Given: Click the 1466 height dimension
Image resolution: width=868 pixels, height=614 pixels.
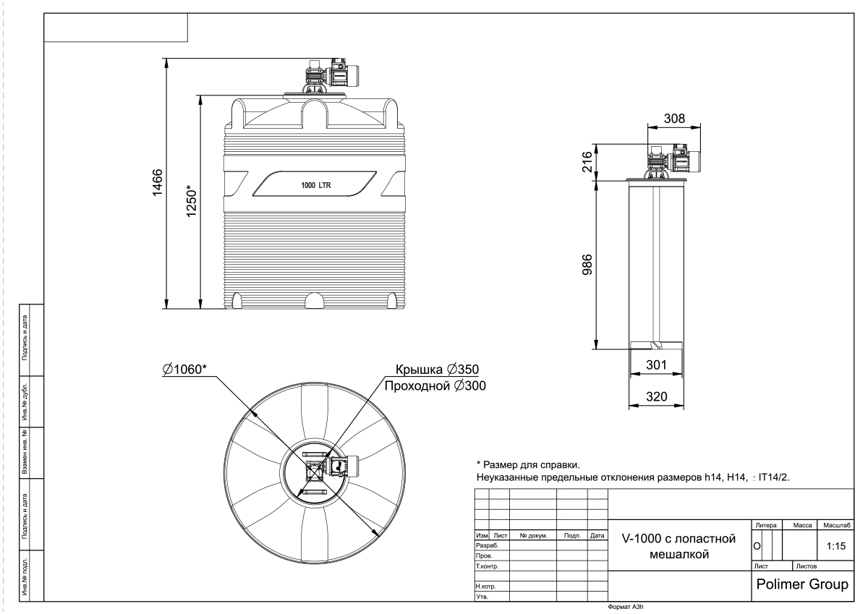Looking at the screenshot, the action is [158, 182].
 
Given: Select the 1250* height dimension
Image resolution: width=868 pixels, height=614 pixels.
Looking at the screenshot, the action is [192, 201].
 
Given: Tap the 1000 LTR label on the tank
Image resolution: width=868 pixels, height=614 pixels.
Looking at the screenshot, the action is [316, 186].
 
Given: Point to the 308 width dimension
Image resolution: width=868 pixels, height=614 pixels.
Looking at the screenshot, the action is [674, 119].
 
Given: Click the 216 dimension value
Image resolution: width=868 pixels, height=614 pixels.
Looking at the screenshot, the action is [588, 162].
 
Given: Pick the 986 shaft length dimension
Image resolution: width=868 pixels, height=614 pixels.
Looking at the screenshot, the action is [587, 265].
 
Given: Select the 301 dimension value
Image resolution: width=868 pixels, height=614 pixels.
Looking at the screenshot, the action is [657, 365].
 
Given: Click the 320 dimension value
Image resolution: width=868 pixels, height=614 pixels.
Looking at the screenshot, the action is [657, 397].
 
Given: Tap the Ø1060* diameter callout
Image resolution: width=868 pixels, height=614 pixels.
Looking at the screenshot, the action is [185, 369].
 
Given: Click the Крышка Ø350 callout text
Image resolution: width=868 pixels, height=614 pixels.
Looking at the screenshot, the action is [437, 369].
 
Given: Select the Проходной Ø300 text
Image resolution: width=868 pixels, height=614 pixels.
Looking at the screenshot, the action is [435, 386].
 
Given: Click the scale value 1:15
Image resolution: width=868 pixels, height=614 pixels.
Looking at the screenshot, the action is [836, 546].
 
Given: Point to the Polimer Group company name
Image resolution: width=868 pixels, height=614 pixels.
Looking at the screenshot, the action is [802, 584].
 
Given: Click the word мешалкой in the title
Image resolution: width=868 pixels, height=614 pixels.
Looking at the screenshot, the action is [679, 555].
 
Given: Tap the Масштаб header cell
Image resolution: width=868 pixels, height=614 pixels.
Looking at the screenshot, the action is [837, 525].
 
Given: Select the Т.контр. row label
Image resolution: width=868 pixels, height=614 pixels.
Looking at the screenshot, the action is [487, 566].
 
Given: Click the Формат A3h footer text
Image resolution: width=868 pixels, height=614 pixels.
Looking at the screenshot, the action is [626, 607].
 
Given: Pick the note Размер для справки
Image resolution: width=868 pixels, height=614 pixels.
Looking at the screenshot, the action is [528, 464].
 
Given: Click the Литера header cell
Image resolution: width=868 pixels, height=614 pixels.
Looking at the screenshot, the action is [766, 525].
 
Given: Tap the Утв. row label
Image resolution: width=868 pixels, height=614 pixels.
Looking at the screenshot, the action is [482, 597].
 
